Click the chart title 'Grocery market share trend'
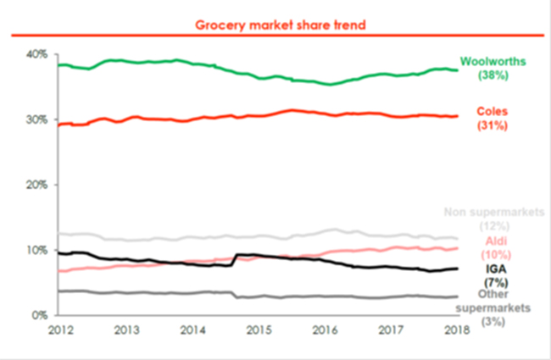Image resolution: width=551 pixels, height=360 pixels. click(275, 25)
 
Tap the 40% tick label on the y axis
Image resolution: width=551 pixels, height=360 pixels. click(36, 53)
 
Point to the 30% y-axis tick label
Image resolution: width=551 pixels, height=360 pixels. click(36, 119)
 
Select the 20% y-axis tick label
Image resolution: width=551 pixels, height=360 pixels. click(36, 185)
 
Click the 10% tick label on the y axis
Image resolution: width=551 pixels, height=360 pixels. click(36, 251)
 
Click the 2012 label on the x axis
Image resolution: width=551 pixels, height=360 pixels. click(58, 330)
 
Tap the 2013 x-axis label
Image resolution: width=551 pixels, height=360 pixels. click(125, 330)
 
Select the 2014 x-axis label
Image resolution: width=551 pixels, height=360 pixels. click(192, 330)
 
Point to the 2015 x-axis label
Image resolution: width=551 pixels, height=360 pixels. click(259, 330)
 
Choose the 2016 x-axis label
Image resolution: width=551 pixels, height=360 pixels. click(326, 330)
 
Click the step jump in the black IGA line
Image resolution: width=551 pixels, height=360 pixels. click(234, 260)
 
